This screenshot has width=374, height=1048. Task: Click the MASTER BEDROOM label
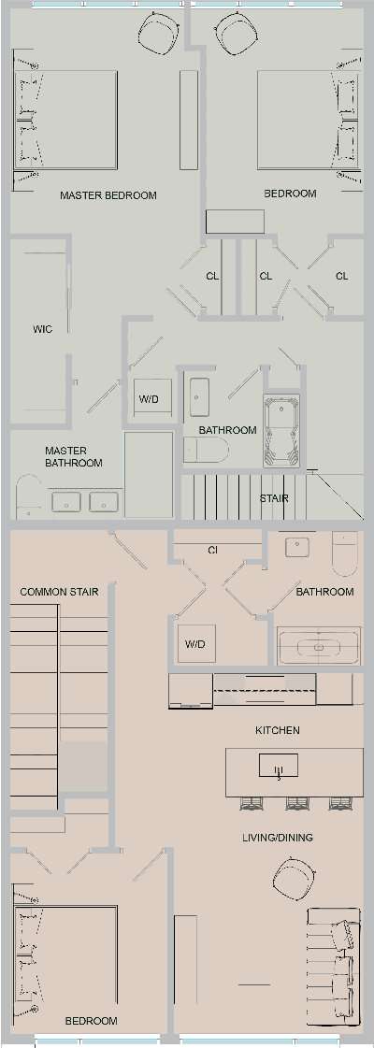(x=108, y=195)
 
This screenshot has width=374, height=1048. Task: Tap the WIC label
(x=42, y=329)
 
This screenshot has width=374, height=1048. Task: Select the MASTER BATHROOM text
(x=73, y=457)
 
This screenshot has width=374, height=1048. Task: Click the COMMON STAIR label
(x=59, y=592)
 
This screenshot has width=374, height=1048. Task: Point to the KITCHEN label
(x=278, y=730)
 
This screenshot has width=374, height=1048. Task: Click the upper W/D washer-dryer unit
(x=150, y=400)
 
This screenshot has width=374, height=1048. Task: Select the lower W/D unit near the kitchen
(x=195, y=644)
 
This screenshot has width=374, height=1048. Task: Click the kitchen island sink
(x=278, y=767)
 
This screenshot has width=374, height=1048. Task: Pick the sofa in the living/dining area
(x=334, y=963)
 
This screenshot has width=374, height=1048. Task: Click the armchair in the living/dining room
(x=292, y=880)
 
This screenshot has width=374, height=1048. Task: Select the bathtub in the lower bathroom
(x=319, y=646)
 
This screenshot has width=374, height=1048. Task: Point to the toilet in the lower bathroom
(x=344, y=553)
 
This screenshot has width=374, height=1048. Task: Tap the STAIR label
(x=274, y=499)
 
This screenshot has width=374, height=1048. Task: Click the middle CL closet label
(x=266, y=276)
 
